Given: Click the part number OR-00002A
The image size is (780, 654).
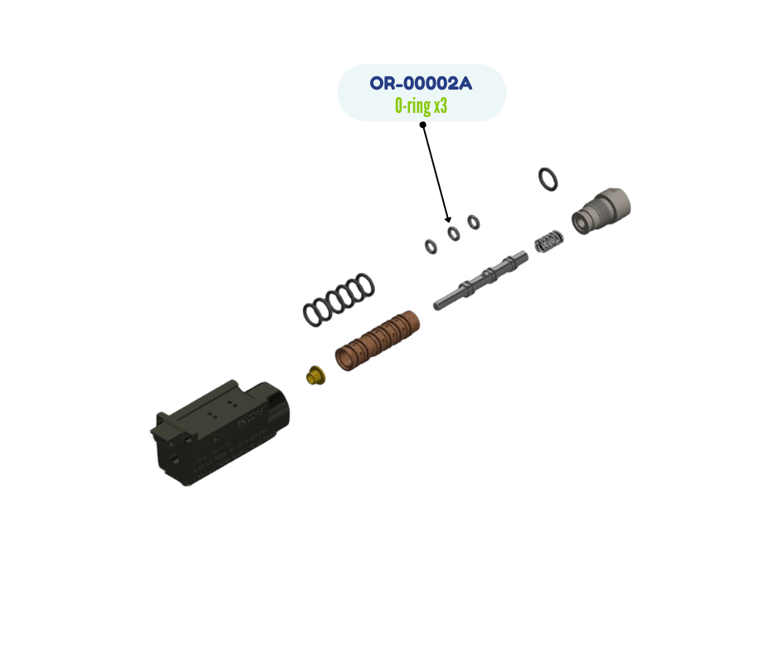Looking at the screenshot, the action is coord(421,83).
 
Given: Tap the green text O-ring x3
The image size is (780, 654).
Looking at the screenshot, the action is coord(421,105).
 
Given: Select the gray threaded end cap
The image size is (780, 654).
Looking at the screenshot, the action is coord(601,211).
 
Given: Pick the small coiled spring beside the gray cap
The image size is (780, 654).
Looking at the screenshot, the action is coord(548,242).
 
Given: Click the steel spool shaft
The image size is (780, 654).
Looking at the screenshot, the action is coord(480,281).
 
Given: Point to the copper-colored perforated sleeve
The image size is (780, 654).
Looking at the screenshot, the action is coord(377,340).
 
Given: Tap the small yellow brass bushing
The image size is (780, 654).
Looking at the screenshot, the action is coord(315,375).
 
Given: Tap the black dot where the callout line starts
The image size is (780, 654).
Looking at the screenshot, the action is coord(423,124).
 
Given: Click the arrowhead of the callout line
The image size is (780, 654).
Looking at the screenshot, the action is coord(448,219).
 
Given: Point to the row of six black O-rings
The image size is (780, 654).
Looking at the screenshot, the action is coord(339,300).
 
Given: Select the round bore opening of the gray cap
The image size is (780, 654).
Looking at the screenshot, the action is coord(579,223).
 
